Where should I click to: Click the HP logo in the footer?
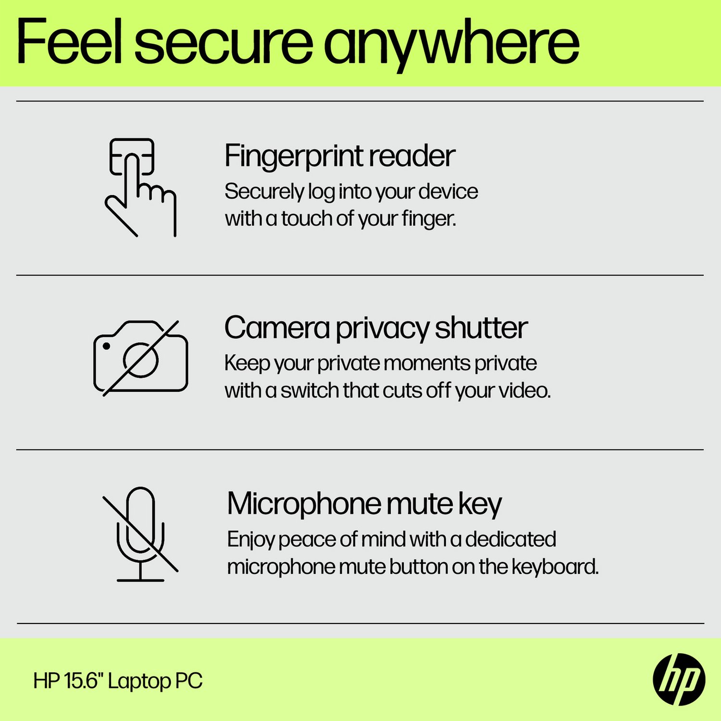679,679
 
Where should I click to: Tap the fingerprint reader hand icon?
140,187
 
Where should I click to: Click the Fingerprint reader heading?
339,156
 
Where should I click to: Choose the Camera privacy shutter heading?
375,328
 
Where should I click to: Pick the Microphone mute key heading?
364,504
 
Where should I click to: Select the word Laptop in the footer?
139,682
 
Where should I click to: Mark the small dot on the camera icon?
107,346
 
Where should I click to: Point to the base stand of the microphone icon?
140,580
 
